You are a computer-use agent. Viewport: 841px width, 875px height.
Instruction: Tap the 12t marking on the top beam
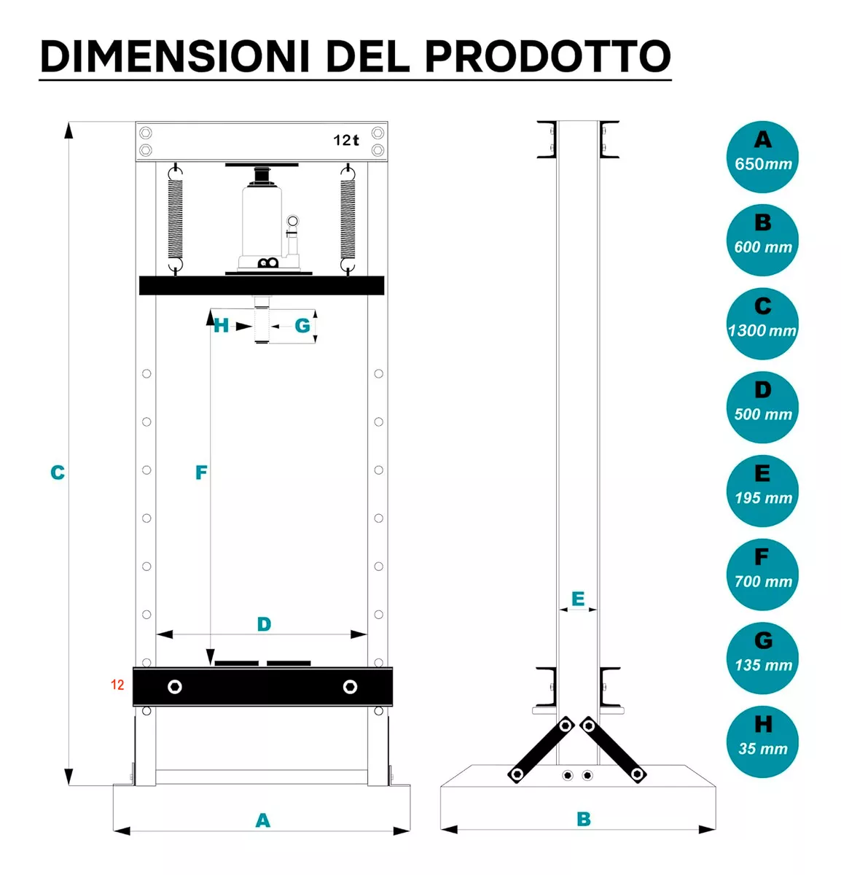pyautogui.click(x=346, y=140)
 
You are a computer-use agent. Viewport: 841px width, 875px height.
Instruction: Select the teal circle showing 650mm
pyautogui.click(x=762, y=157)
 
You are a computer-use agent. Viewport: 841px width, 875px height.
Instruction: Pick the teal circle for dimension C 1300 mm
pyautogui.click(x=762, y=324)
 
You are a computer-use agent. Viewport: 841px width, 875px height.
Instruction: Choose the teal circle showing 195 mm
pyautogui.click(x=762, y=491)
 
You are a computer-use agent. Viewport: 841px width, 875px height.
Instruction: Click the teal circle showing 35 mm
pyautogui.click(x=762, y=742)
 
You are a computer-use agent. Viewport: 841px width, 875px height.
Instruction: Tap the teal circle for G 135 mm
pyautogui.click(x=762, y=658)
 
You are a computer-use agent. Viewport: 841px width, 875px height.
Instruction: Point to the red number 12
pyautogui.click(x=117, y=685)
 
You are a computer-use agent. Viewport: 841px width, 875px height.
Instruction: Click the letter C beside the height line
pyautogui.click(x=58, y=472)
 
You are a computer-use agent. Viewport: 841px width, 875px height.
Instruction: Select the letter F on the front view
pyautogui.click(x=201, y=472)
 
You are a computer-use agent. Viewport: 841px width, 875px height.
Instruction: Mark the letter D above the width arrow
pyautogui.click(x=264, y=624)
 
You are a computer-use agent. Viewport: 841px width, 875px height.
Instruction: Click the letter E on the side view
pyautogui.click(x=578, y=599)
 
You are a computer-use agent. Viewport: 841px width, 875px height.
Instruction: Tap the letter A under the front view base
pyautogui.click(x=263, y=820)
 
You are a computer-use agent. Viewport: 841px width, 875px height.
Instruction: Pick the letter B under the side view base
pyautogui.click(x=584, y=820)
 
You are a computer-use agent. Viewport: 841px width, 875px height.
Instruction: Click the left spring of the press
pyautogui.click(x=176, y=219)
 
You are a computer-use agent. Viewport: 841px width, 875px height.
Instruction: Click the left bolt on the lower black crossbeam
pyautogui.click(x=175, y=687)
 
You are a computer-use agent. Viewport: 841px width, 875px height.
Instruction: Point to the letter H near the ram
pyautogui.click(x=221, y=325)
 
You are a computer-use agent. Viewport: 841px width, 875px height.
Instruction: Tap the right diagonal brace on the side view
pyautogui.click(x=613, y=750)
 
